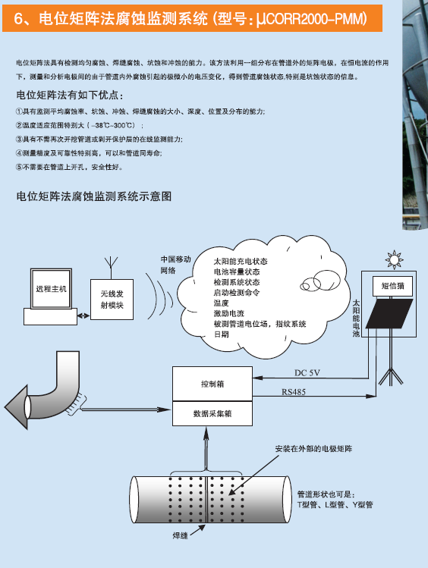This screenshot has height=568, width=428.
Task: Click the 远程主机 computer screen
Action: point(51,288)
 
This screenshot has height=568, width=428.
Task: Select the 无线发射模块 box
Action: point(112,300)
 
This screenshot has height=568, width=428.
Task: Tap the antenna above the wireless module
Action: point(112,268)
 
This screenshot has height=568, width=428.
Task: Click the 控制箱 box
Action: point(212,384)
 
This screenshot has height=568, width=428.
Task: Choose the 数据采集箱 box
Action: point(212,413)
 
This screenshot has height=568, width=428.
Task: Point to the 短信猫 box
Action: point(392,286)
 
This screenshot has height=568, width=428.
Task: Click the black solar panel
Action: point(389,314)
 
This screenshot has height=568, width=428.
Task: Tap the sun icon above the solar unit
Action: point(394,259)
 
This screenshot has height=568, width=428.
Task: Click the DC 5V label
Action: point(307,373)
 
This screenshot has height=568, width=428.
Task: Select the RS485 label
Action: point(294,392)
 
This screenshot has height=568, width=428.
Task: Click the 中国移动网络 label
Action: point(175,265)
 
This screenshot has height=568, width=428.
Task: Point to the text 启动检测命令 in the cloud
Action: point(237,293)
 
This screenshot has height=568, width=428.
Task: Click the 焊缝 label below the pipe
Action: point(180,535)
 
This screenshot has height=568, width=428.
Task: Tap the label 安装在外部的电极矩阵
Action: point(313,449)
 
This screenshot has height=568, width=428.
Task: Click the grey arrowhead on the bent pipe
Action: point(17,406)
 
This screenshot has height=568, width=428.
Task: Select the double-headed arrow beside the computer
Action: point(83,316)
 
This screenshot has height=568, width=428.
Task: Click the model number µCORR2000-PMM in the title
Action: point(310,18)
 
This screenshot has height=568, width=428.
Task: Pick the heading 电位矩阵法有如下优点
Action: point(70,95)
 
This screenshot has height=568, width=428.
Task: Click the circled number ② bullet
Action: point(19,125)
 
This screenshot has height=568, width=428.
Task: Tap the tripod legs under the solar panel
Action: point(391,376)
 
